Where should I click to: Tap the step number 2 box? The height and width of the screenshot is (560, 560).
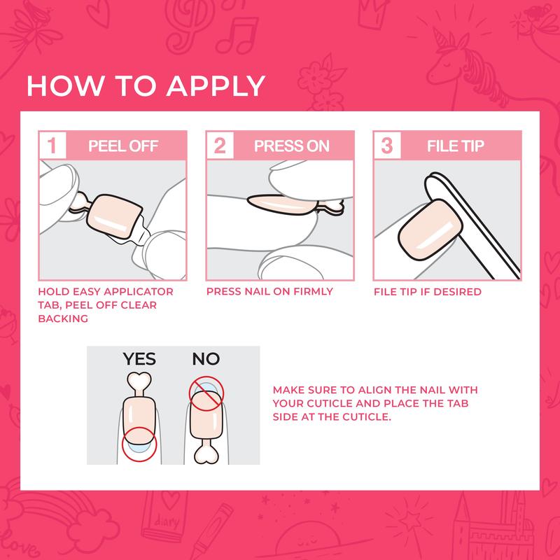point(220,147)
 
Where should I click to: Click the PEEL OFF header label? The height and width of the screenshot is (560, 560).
point(123,147)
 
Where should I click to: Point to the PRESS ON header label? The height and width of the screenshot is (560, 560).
point(290,147)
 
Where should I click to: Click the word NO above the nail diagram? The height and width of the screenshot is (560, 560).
point(205,360)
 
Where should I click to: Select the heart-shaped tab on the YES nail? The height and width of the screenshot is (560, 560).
point(139,381)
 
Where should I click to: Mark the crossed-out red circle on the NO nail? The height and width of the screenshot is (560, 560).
point(205,393)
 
